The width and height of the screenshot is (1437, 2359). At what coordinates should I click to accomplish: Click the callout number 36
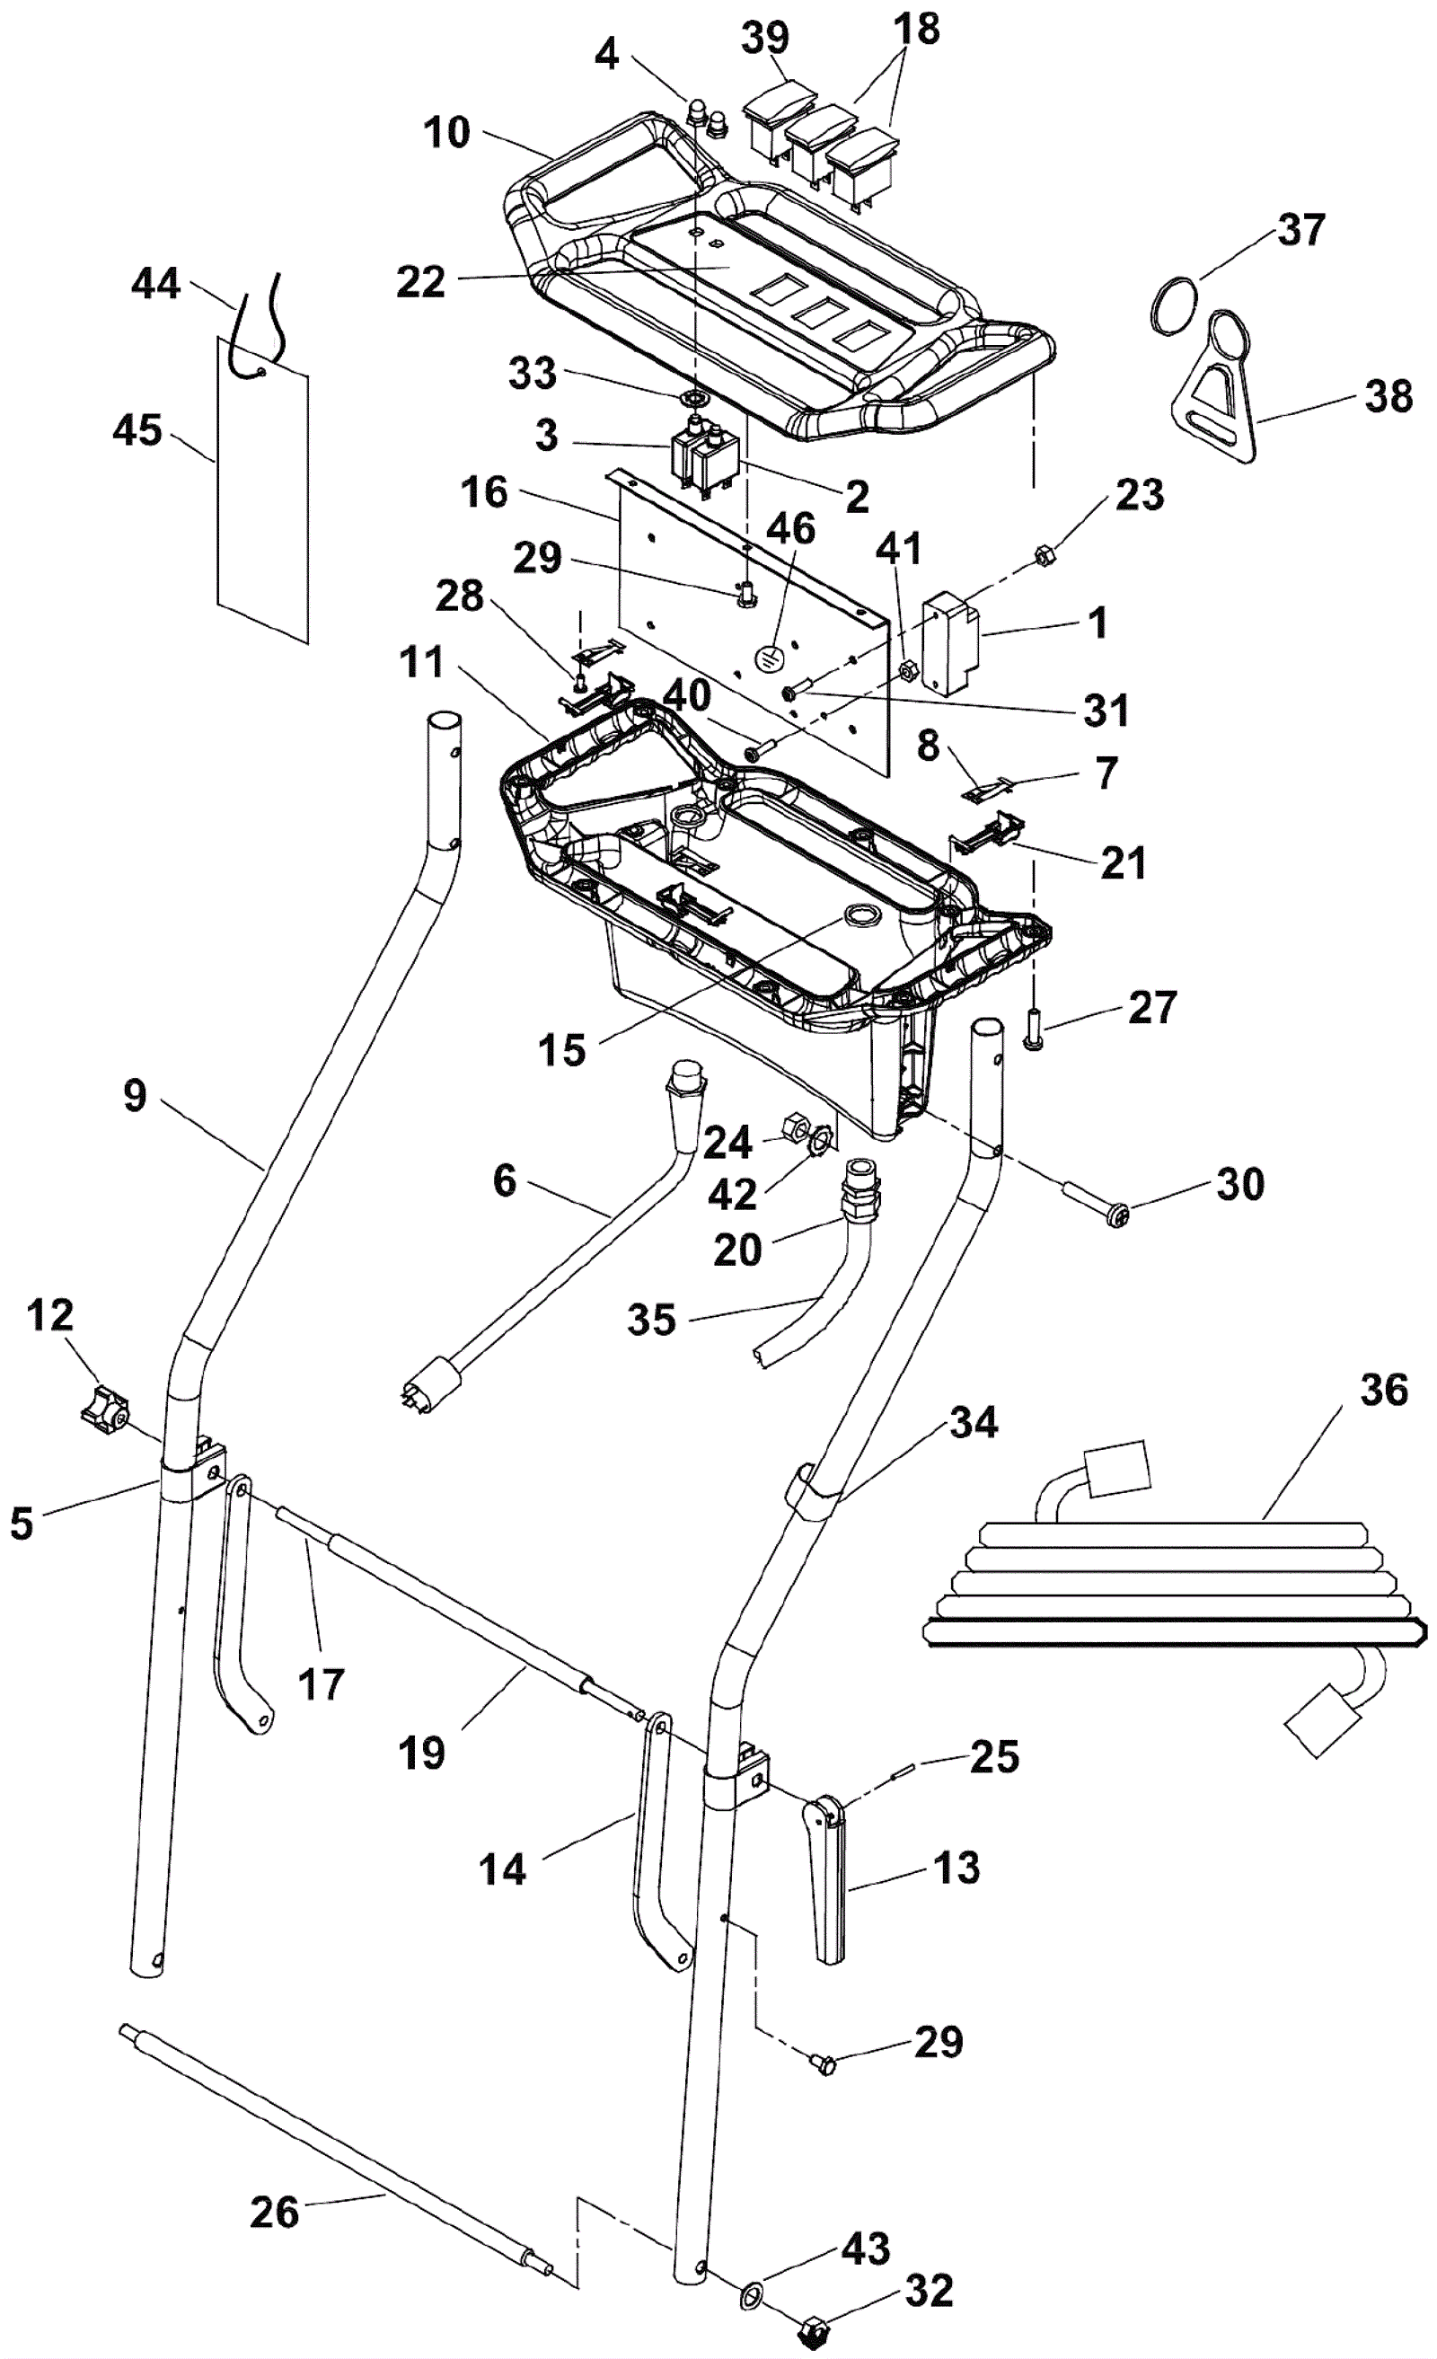pos(1383,1389)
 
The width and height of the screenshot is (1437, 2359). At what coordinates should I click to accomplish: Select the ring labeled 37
pos(1173,306)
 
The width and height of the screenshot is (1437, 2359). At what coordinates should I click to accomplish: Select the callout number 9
pos(135,1095)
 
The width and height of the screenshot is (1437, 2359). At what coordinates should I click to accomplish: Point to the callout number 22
pos(421,282)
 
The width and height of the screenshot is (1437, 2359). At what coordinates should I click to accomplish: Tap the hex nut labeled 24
pos(798,1126)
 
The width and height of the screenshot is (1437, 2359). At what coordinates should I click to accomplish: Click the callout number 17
pos(321,1684)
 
